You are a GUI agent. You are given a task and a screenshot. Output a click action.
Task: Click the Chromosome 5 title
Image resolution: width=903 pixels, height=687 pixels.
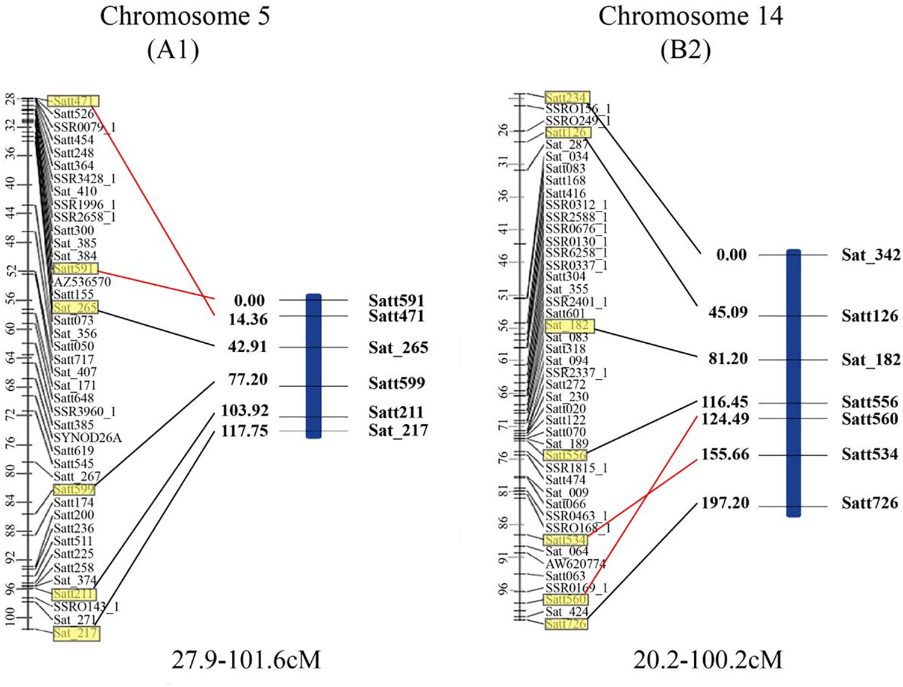[185, 16]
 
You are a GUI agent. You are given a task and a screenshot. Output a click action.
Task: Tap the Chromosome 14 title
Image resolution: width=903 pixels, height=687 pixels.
[690, 16]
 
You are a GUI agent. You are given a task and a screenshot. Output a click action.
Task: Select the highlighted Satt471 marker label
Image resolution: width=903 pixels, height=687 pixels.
[73, 101]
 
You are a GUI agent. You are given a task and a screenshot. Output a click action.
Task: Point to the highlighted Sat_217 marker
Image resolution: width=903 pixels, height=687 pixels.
[76, 633]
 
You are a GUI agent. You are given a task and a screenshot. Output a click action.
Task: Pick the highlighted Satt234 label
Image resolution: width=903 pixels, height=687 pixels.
[566, 98]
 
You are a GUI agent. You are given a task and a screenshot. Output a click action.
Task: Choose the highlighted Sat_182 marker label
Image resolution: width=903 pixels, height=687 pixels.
[569, 326]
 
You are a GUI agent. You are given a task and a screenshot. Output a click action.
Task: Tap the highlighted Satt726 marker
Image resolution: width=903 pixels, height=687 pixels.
[565, 624]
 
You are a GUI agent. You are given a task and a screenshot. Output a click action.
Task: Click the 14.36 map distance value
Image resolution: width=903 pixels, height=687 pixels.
[247, 319]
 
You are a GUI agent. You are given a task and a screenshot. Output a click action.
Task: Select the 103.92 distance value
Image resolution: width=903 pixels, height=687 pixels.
[244, 411]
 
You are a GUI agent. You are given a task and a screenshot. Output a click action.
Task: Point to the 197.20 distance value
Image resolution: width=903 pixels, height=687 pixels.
[725, 503]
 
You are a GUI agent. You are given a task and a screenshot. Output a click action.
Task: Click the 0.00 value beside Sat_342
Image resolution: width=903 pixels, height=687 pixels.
[731, 255]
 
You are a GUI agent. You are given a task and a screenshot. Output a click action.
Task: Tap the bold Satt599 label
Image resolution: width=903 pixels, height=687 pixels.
[397, 383]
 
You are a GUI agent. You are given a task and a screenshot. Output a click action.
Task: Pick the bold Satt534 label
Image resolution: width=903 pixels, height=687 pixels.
[869, 454]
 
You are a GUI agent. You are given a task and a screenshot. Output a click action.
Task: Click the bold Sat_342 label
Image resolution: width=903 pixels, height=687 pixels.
[870, 255]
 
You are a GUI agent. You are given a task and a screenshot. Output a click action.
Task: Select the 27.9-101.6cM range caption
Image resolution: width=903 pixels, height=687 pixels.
[246, 660]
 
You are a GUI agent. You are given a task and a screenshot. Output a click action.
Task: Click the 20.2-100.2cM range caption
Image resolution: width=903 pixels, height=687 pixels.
[708, 660]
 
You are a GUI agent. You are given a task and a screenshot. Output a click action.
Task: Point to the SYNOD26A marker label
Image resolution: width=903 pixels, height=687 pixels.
[88, 438]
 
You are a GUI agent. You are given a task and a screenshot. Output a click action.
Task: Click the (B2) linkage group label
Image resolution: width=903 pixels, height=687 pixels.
[686, 51]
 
